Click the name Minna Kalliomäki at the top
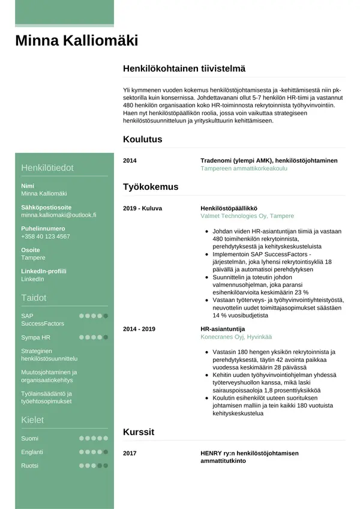[76, 41]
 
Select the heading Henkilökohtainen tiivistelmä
[184, 69]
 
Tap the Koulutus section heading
[142, 139]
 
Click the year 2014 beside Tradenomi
[130, 161]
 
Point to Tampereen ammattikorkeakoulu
[244, 169]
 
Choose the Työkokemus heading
[151, 187]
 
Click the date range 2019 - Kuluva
[142, 208]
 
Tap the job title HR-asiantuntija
[223, 329]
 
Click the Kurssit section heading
[139, 432]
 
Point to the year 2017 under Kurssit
[130, 453]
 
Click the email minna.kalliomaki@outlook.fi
[59, 214]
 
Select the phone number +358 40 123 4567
[46, 236]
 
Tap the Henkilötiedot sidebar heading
[47, 167]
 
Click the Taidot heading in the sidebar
[34, 298]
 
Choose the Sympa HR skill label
[35, 337]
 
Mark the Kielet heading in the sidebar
[33, 420]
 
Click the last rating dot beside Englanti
[106, 452]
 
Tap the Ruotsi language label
[29, 466]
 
